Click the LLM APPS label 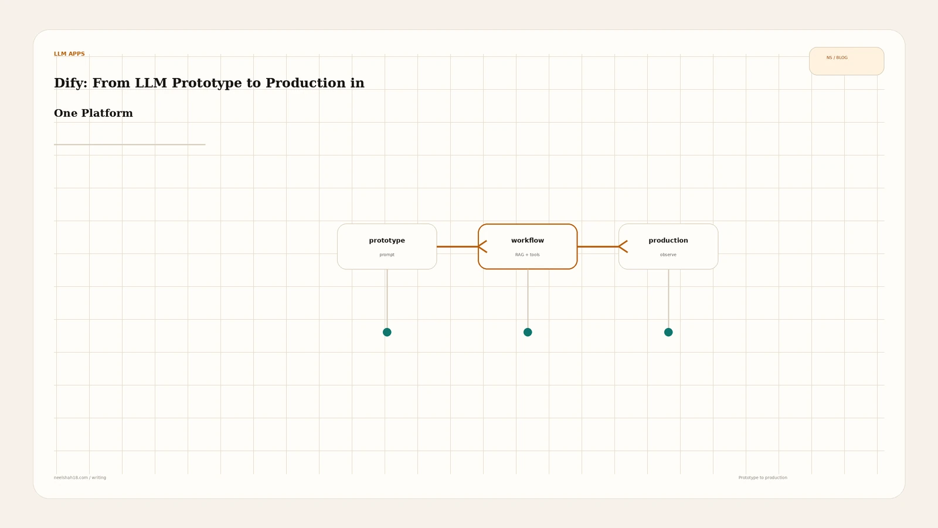click(69, 53)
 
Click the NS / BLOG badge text click(837, 58)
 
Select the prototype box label click(387, 241)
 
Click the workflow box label click(527, 240)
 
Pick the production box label click(668, 241)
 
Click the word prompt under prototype click(387, 255)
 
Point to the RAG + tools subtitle click(527, 255)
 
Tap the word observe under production click(668, 255)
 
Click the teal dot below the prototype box click(387, 332)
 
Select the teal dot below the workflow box click(528, 332)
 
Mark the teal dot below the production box click(668, 332)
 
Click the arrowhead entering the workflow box click(482, 246)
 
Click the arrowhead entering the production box click(623, 246)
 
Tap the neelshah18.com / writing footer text click(80, 478)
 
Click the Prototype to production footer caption click(763, 478)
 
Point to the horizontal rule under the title click(130, 144)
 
